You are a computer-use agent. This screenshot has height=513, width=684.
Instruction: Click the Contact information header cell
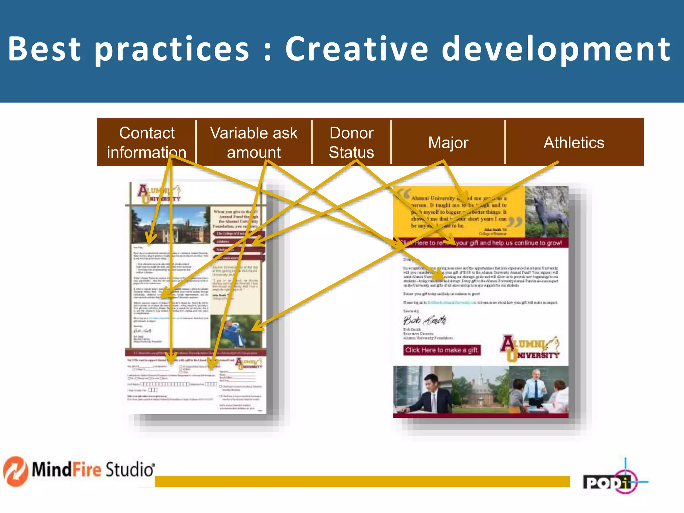tap(147, 142)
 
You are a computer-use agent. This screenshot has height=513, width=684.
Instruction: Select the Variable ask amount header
tap(253, 142)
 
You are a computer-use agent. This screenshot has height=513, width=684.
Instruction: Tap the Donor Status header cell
tap(351, 142)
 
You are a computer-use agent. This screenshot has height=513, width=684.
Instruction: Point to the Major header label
tap(448, 143)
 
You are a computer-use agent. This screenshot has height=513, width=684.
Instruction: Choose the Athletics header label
tap(574, 143)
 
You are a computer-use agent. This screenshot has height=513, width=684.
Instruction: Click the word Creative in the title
tap(356, 49)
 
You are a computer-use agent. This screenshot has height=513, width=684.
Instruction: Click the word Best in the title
tap(44, 49)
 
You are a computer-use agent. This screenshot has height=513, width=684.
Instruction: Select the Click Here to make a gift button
tap(442, 350)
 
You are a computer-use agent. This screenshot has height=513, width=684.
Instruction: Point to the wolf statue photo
tap(546, 212)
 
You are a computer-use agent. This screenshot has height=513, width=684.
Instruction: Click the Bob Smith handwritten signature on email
tap(424, 320)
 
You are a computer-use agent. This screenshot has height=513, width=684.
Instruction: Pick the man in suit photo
tap(422, 390)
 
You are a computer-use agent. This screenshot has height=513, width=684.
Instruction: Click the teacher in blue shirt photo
tap(539, 390)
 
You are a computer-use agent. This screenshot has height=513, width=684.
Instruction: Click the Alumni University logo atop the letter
tap(159, 194)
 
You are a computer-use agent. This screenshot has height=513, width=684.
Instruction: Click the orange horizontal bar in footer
tap(362, 481)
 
